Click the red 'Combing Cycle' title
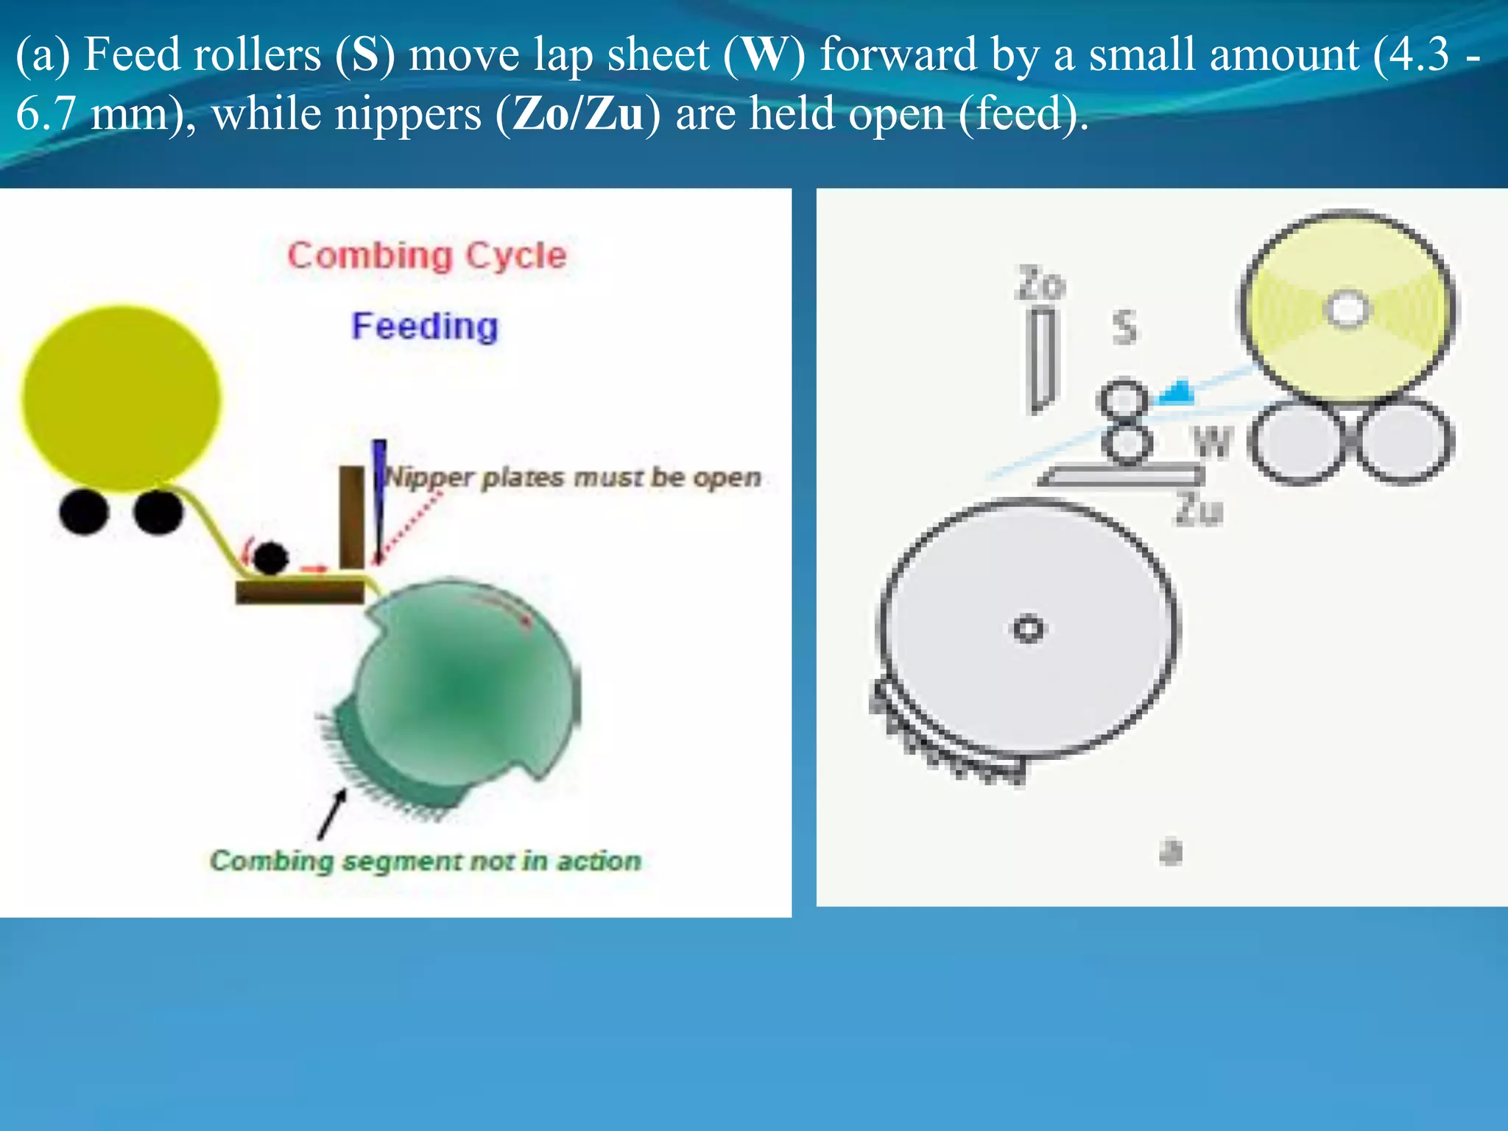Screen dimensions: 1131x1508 [426, 256]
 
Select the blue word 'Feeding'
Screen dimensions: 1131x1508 [425, 325]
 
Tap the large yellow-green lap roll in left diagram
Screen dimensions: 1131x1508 [121, 398]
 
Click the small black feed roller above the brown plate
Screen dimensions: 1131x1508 [270, 558]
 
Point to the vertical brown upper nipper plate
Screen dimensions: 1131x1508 [351, 515]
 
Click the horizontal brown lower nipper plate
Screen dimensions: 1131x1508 [300, 591]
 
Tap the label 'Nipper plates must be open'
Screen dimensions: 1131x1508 [573, 477]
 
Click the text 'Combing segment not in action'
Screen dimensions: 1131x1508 [426, 860]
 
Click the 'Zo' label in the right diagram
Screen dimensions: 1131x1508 [1040, 284]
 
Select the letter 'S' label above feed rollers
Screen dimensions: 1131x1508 [1124, 327]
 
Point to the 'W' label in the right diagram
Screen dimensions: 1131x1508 [1212, 442]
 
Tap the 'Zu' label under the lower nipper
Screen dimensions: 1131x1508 [1198, 510]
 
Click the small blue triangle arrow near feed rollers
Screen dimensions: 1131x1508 [1177, 392]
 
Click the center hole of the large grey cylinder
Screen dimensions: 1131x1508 [1028, 629]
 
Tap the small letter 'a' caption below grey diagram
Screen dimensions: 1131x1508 [1171, 852]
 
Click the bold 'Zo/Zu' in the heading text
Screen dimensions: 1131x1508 [577, 114]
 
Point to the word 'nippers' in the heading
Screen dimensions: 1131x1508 [346, 114]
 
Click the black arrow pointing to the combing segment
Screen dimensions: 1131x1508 [332, 814]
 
